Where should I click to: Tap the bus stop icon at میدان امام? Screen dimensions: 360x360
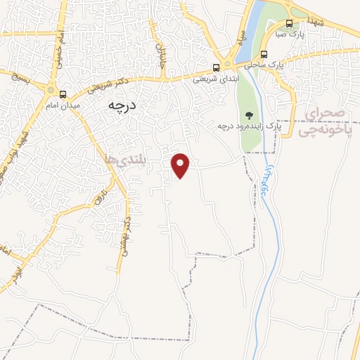pyautogui.click(x=63, y=94)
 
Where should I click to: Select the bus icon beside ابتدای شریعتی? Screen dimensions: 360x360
pyautogui.click(x=216, y=68)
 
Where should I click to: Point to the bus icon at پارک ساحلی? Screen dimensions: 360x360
pyautogui.click(x=264, y=54)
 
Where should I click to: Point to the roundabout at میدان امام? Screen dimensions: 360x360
pyautogui.click(x=50, y=89)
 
